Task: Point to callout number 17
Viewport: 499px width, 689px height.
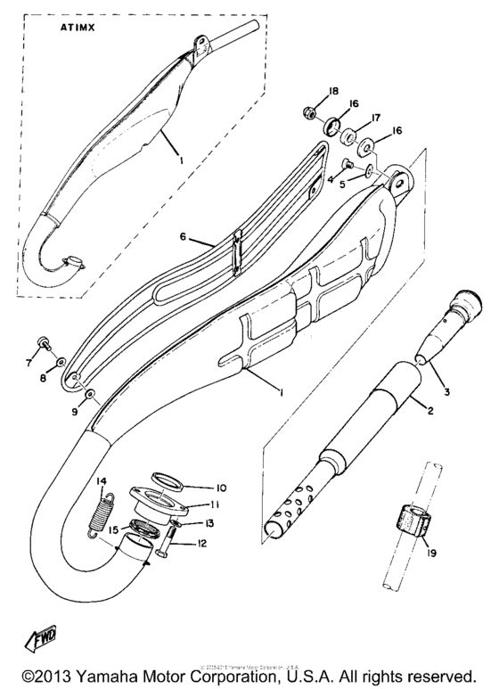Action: coord(376,116)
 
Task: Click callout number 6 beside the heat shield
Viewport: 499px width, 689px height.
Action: coord(183,239)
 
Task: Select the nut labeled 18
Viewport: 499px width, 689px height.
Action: coord(307,113)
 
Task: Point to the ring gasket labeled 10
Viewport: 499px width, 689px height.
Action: coord(172,484)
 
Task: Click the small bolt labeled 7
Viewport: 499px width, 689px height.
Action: coord(42,343)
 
